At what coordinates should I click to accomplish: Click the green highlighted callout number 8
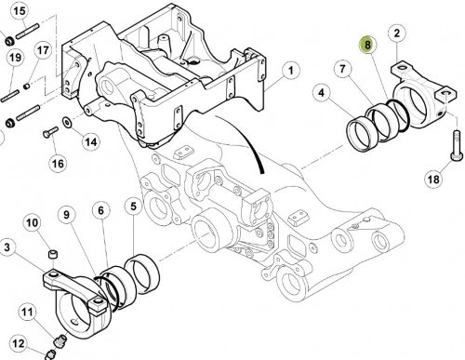(367, 45)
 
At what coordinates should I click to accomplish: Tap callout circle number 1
(290, 71)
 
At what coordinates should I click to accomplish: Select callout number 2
(397, 33)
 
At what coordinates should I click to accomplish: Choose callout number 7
(342, 69)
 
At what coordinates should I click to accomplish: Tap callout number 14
(91, 142)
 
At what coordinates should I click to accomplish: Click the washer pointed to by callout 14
(67, 122)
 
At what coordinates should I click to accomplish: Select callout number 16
(58, 163)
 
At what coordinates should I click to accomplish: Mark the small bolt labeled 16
(50, 132)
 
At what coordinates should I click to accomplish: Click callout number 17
(43, 50)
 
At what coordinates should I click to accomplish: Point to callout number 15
(20, 11)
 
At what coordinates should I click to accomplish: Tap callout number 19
(15, 58)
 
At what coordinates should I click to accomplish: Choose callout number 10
(32, 222)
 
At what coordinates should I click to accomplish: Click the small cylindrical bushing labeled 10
(53, 254)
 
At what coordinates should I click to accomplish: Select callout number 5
(133, 207)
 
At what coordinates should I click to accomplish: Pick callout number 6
(101, 210)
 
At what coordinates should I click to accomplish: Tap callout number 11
(27, 312)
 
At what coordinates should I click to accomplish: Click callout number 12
(19, 343)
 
